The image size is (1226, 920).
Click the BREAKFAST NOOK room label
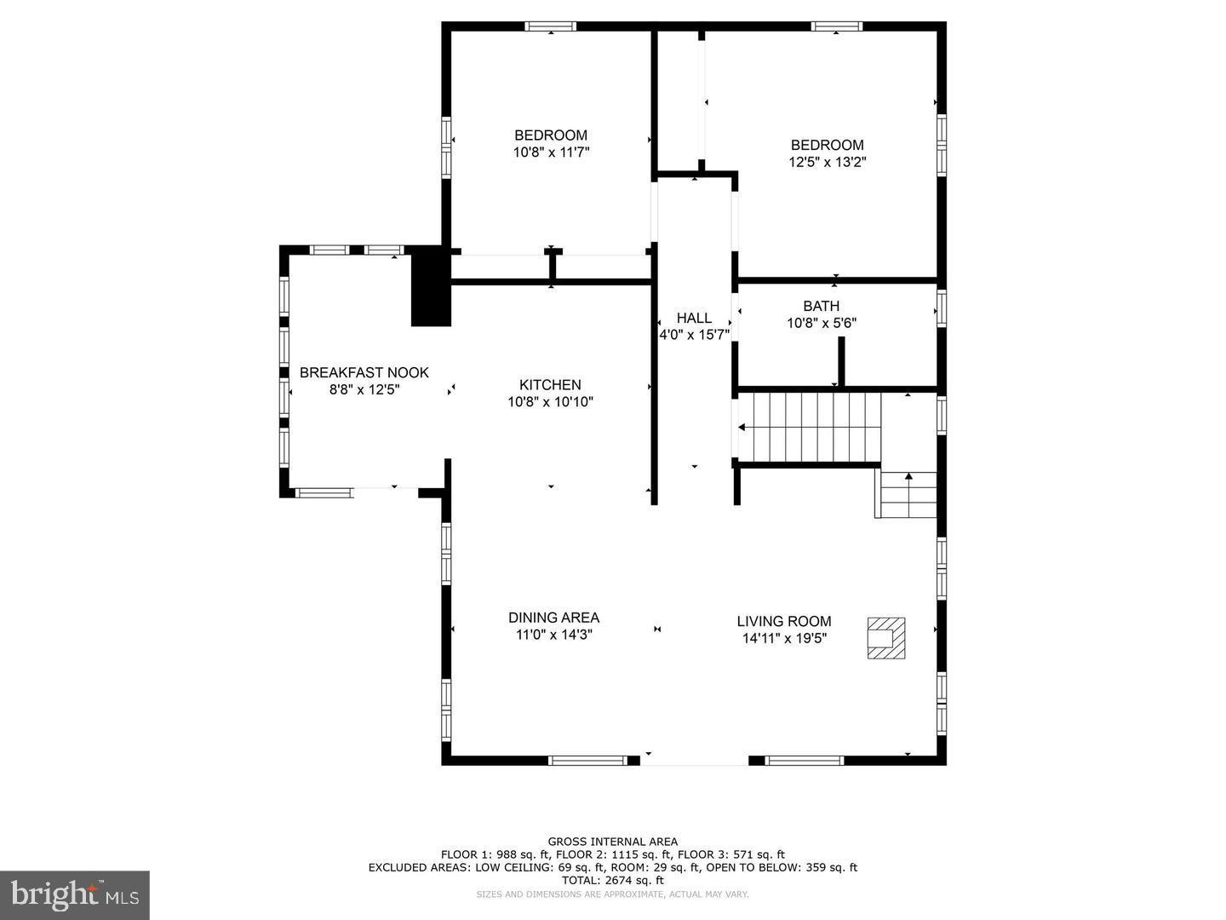click(x=364, y=373)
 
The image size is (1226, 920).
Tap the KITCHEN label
click(x=550, y=385)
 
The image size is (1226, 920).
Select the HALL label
click(x=694, y=319)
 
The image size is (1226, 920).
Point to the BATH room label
click(x=821, y=306)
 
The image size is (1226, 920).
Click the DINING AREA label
click(x=553, y=618)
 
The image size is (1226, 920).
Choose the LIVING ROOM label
click(x=783, y=622)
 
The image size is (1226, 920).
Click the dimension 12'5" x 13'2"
click(x=827, y=162)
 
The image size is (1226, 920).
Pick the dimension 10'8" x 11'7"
click(x=550, y=152)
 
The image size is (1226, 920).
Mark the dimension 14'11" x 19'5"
click(x=783, y=638)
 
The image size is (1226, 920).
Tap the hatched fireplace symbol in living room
click(x=885, y=637)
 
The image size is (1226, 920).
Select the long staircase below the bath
click(x=809, y=427)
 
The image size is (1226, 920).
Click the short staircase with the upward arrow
click(x=908, y=495)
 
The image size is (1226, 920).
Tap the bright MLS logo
click(x=75, y=894)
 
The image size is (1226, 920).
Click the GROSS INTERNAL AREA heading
click(x=612, y=842)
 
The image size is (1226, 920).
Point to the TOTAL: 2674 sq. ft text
click(x=612, y=880)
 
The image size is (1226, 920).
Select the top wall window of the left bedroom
click(x=551, y=26)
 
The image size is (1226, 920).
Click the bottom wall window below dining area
click(x=588, y=760)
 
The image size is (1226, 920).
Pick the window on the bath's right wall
click(x=942, y=308)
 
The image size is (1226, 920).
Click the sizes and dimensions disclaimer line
click(x=612, y=894)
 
